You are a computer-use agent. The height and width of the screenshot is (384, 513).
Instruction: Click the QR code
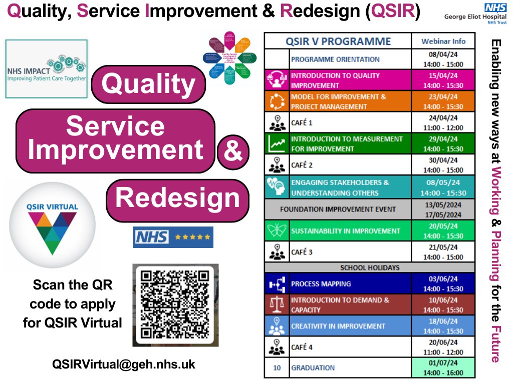point(175,304)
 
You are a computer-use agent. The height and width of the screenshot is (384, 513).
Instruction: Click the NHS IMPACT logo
point(46,68)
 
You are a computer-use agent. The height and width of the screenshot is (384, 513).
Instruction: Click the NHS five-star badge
point(173,237)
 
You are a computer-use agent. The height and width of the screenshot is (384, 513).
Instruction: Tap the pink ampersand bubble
point(233,152)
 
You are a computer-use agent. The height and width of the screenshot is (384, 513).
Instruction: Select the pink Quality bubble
point(148,84)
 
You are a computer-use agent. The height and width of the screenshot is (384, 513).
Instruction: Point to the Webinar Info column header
point(443,41)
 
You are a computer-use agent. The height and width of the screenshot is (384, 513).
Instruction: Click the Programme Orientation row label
point(336,59)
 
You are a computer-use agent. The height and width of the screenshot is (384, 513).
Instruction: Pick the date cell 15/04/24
point(443,80)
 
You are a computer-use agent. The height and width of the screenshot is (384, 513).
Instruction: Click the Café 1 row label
point(302,122)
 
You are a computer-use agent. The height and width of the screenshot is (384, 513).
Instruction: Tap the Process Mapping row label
point(321,283)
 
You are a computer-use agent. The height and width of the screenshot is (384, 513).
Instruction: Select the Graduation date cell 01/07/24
point(443,367)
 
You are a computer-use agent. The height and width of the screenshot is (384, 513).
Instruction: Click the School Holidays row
point(369,267)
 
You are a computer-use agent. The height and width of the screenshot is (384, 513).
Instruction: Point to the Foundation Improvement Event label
point(338,209)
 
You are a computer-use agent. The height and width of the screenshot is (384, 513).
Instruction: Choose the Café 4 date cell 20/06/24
point(443,346)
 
